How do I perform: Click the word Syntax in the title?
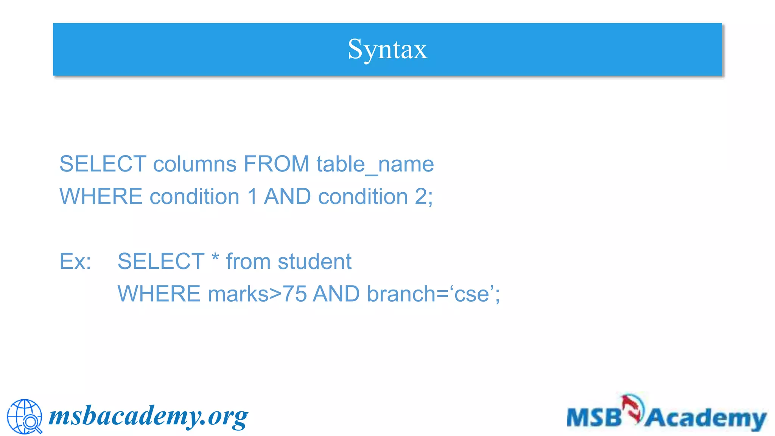(x=387, y=50)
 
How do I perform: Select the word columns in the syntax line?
(x=195, y=164)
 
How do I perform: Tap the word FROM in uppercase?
(x=277, y=164)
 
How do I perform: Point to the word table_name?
(x=375, y=164)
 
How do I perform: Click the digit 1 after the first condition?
(x=252, y=197)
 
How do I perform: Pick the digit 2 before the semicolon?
(x=421, y=197)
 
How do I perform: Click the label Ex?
(x=75, y=262)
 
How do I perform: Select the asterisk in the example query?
(x=215, y=258)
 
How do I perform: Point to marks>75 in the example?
(x=257, y=294)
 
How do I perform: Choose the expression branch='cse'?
(x=433, y=294)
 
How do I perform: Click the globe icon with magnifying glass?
(x=25, y=416)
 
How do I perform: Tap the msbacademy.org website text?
(x=148, y=416)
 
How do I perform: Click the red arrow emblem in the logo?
(x=633, y=408)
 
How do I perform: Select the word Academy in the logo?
(x=705, y=419)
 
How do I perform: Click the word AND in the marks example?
(x=336, y=294)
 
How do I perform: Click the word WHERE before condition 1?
(x=101, y=197)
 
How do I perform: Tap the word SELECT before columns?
(x=103, y=164)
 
